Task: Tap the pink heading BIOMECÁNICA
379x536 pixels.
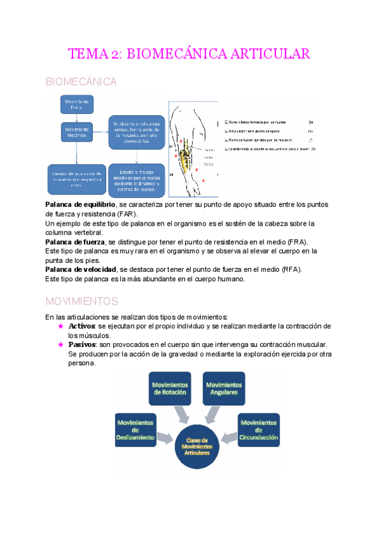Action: [x=81, y=82]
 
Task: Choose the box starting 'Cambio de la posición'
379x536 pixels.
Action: [x=73, y=180]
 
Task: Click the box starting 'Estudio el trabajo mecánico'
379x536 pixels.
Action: [x=134, y=179]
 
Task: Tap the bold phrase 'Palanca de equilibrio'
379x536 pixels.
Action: [x=80, y=205]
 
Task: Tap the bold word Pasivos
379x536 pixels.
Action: [x=83, y=344]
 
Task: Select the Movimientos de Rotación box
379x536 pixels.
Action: [x=170, y=388]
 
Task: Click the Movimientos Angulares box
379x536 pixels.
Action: [x=224, y=388]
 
